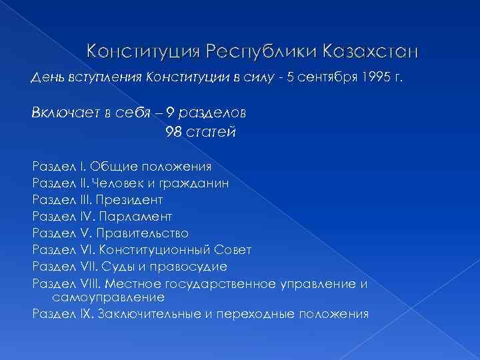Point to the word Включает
tap(61, 113)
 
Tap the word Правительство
tap(143, 233)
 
